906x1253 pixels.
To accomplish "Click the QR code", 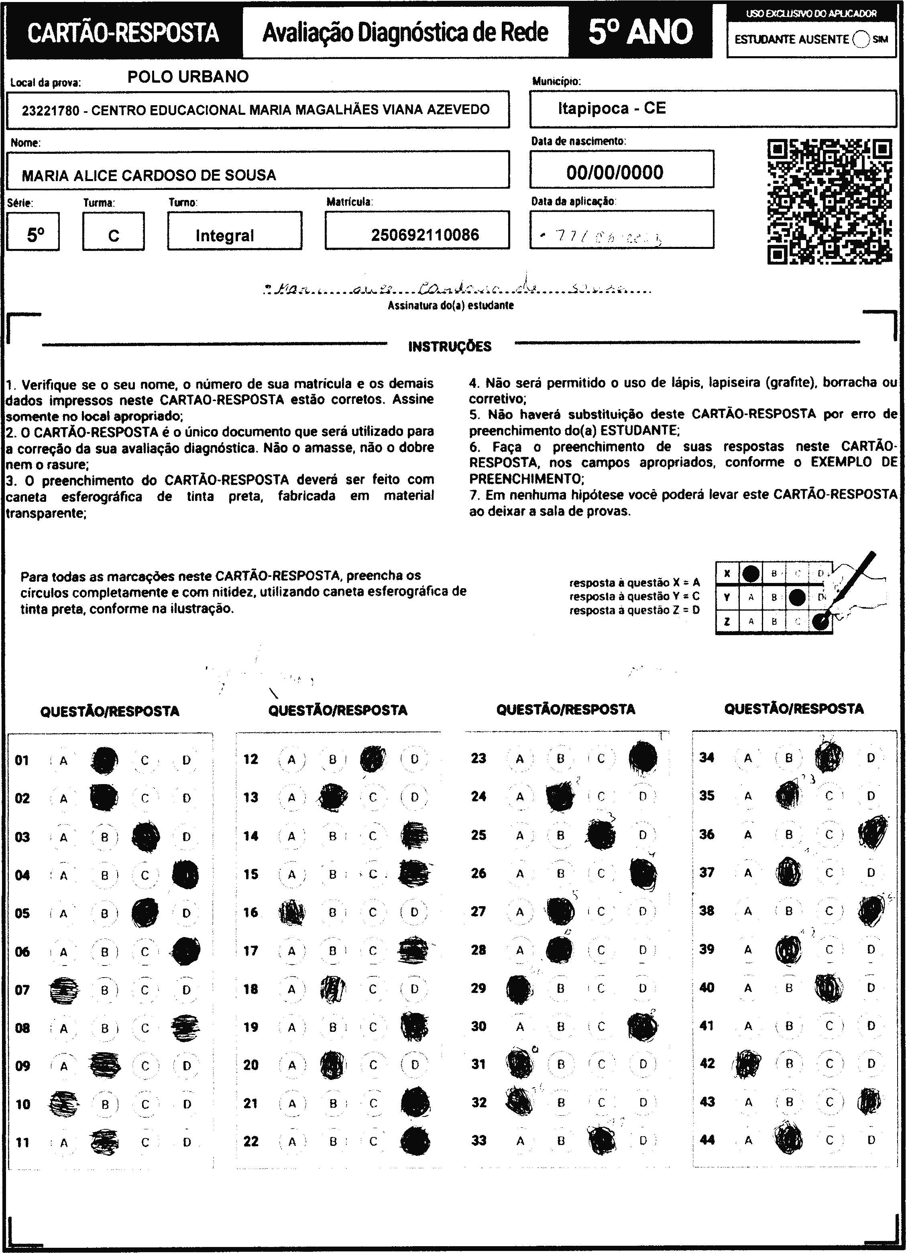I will coord(830,201).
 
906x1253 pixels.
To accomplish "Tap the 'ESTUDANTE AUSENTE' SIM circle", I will coord(861,39).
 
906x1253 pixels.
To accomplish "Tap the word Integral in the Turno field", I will coord(224,236).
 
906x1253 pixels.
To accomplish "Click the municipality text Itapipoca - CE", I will coord(611,108).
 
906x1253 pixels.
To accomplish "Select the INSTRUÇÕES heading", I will coord(449,347).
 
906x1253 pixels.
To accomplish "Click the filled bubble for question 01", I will coord(104,760).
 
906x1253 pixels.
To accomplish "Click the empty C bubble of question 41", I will coord(829,1025).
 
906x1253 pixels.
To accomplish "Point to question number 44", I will coord(706,1140).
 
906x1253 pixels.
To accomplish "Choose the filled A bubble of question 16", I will coord(291,913).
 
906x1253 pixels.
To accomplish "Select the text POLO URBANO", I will coord(188,77).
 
